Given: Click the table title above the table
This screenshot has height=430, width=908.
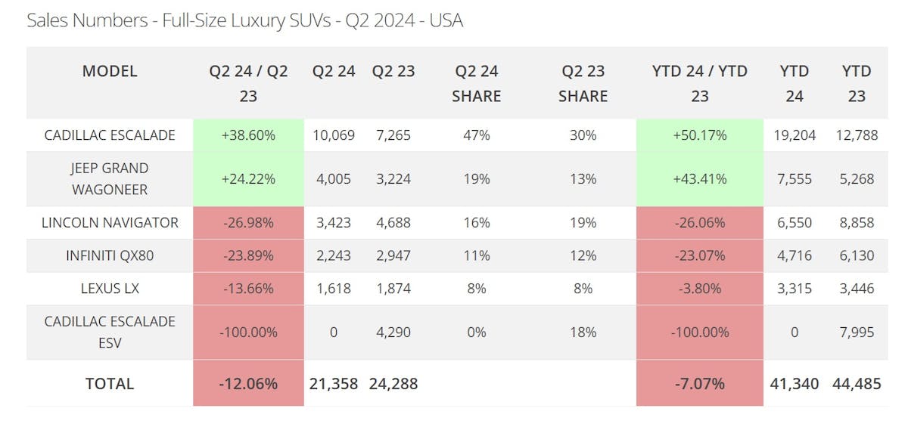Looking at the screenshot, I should pos(244,20).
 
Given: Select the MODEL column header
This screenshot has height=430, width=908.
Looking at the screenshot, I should pos(110,71).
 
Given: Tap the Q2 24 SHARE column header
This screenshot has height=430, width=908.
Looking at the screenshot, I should pos(477,83).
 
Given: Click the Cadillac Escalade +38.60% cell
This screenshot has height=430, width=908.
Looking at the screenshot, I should pos(248,135).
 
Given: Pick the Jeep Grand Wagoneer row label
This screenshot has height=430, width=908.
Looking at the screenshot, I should pos(110,178).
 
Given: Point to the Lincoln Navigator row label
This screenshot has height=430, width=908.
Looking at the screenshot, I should pos(110,222).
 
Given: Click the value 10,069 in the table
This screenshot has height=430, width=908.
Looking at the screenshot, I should pos(334,135).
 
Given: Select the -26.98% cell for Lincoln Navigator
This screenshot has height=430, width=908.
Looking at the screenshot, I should pos(248,222).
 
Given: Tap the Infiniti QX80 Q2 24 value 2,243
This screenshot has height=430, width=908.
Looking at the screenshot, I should pos(334,255).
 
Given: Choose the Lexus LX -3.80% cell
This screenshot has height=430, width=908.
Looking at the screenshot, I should pos(700,288).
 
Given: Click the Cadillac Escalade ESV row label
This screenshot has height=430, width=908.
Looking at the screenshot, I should pos(110,332).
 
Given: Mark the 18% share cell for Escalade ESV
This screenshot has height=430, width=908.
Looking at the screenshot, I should pos(583,332).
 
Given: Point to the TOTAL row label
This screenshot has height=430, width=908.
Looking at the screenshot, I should pos(110,383).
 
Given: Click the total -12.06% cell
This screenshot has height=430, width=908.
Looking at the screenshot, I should pos(248,383).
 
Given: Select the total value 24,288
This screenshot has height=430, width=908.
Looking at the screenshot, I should pos(393,383).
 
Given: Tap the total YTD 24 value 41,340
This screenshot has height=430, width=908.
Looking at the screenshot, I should pos(794,383).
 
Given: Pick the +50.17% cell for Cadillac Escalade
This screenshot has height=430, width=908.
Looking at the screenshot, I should pos(700,135).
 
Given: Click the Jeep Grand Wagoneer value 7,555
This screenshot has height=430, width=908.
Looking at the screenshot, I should pos(794,178).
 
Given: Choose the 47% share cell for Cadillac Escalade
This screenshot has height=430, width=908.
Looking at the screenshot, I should pos(477,135).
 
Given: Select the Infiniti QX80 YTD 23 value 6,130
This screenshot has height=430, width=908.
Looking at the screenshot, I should pos(857,255).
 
